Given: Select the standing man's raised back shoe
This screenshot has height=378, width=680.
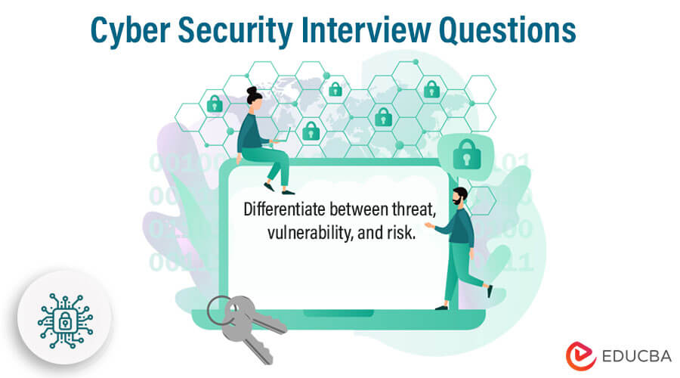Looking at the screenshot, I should pyautogui.click(x=490, y=290).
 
